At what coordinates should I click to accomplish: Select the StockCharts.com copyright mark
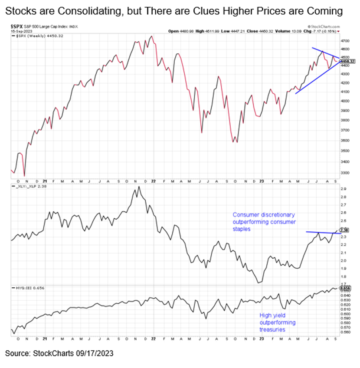325,26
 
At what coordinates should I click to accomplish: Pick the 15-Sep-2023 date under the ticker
20,31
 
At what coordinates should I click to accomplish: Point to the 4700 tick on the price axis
346,40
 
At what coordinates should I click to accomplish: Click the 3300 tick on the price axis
346,173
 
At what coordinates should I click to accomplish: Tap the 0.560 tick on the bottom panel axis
346,332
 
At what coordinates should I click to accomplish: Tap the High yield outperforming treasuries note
277,322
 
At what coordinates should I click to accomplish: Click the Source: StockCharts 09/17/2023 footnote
59,353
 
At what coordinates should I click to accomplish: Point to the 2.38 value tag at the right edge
345,230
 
